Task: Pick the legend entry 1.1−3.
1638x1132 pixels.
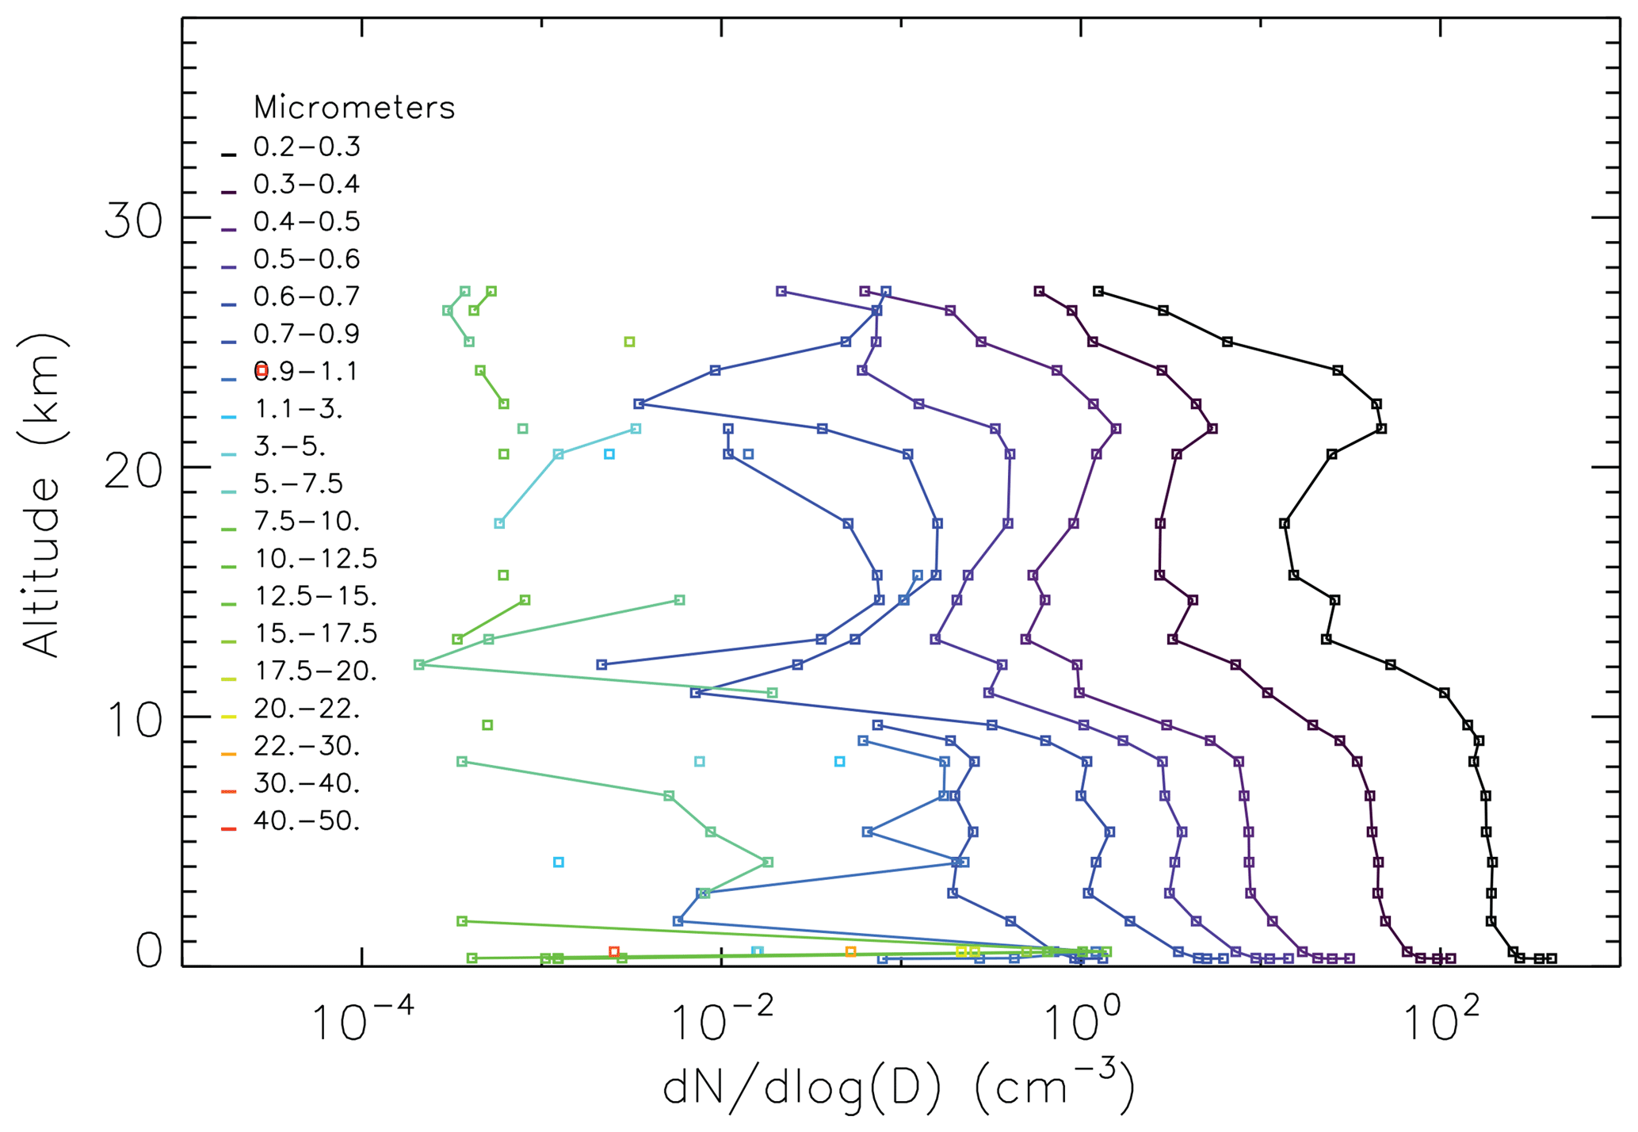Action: pyautogui.click(x=298, y=410)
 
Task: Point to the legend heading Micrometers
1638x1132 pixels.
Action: pyautogui.click(x=354, y=108)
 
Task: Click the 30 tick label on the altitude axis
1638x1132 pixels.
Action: pyautogui.click(x=133, y=221)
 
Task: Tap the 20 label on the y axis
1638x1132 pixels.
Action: pyautogui.click(x=133, y=472)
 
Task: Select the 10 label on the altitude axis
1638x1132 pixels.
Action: pyautogui.click(x=133, y=721)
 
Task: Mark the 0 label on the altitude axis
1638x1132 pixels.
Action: pyautogui.click(x=148, y=951)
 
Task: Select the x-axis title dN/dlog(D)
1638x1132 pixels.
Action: pyautogui.click(x=899, y=1085)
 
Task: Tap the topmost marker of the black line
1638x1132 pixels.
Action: pyautogui.click(x=1098, y=292)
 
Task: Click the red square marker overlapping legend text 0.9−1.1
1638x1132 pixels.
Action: pyautogui.click(x=262, y=370)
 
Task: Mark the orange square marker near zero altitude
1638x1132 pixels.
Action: pyautogui.click(x=850, y=951)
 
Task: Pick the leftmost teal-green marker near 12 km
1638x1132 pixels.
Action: pyautogui.click(x=419, y=664)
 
